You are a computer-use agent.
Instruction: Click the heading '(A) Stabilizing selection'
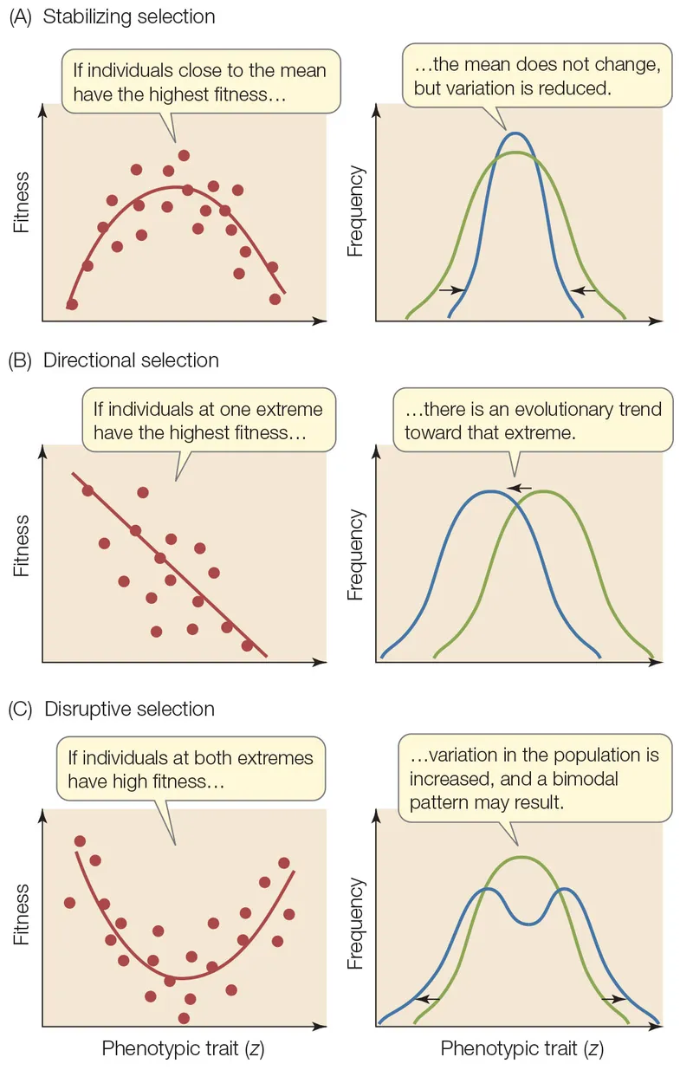113,16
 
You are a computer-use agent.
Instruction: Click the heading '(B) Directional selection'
113,360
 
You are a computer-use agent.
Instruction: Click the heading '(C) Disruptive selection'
112,709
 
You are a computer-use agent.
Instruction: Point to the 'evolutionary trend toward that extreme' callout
532,420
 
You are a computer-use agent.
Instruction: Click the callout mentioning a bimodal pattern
534,778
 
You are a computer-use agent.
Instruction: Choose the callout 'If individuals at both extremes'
191,768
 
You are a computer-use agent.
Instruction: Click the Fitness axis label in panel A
22,203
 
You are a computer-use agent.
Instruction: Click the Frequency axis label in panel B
354,555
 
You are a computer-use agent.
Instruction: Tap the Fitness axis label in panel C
22,914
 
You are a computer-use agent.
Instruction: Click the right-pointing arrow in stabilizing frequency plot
451,290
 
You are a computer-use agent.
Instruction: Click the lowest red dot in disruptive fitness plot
183,1018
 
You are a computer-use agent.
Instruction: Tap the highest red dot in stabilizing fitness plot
184,155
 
